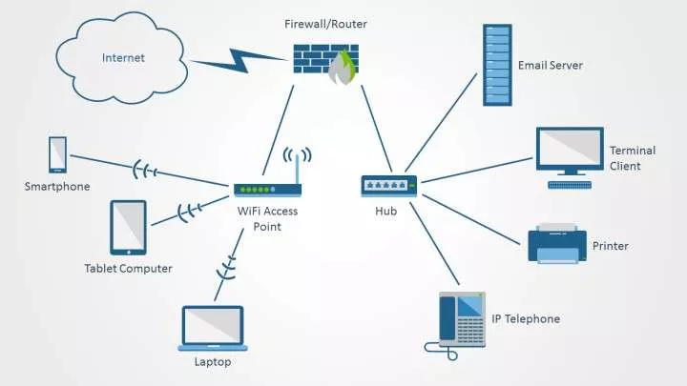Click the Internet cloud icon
pos(122,58)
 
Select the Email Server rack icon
pos(497,65)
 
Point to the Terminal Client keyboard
pos(570,185)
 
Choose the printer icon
pos(557,243)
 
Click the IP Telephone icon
pos(456,325)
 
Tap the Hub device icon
pos(388,186)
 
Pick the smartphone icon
pos(57,154)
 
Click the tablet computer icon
pos(128,228)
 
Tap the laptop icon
pos(213,328)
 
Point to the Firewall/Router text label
pos(325,24)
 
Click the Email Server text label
pos(551,65)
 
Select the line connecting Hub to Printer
pos(471,219)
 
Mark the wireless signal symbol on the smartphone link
pos(145,171)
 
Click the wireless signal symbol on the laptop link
pos(226,268)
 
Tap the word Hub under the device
pos(386,211)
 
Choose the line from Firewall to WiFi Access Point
pos(278,130)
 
